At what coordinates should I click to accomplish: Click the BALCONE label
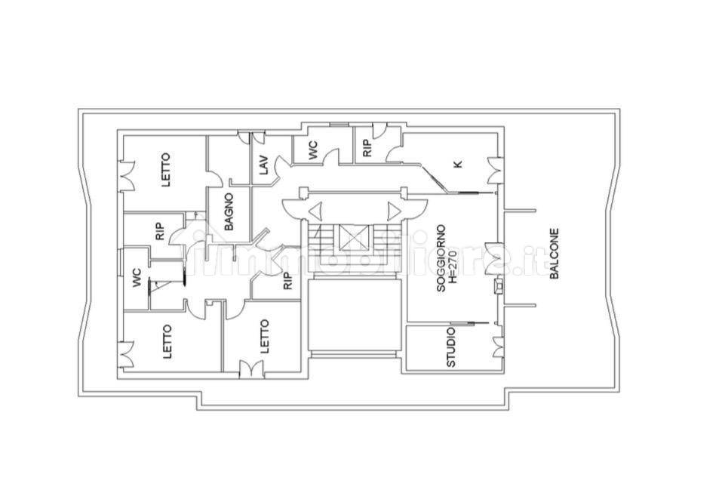554,254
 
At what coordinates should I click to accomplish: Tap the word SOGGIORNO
441,258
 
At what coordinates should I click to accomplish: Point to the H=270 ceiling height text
452,258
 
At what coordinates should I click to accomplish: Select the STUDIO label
451,347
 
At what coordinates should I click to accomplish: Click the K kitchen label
458,163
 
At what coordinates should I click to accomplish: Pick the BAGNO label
229,211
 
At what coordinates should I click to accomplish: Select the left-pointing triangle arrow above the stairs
315,212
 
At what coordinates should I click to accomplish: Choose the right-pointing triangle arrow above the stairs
394,212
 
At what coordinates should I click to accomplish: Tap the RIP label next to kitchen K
367,149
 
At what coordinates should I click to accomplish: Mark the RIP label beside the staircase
287,281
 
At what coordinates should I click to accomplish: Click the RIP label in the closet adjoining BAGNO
160,232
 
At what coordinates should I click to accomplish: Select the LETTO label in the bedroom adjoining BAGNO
166,170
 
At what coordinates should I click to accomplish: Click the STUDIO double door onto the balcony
497,347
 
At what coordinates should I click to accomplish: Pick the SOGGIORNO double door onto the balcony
492,259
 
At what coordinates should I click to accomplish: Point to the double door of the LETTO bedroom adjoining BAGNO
126,176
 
